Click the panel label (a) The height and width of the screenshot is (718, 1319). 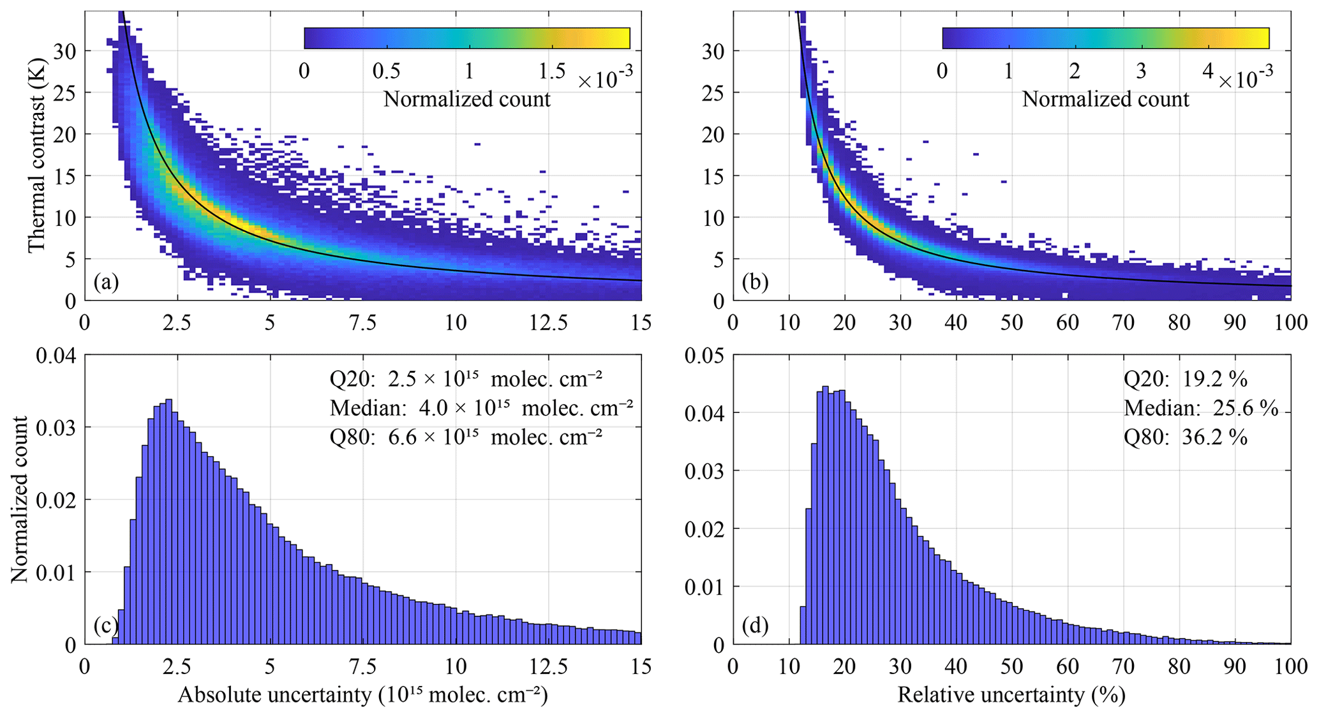(106, 282)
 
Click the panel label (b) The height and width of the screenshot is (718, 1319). (755, 282)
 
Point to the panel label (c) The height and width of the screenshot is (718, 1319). (106, 626)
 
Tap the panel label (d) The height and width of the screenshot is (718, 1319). (755, 626)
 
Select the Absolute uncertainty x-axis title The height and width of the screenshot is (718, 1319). (362, 695)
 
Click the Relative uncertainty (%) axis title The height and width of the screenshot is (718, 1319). (1011, 695)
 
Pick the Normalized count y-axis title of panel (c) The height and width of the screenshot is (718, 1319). (20, 499)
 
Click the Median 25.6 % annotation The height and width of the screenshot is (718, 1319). (1201, 408)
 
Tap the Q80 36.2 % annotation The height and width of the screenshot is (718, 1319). (1185, 438)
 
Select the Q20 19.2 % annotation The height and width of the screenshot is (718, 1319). (1185, 379)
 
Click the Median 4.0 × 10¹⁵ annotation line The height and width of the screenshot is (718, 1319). (481, 408)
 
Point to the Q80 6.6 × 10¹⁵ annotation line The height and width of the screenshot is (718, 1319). (466, 438)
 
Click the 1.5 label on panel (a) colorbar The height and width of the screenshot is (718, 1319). (551, 70)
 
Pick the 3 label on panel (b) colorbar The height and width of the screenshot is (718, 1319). (1141, 70)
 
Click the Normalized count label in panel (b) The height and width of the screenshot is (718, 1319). (1105, 99)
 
